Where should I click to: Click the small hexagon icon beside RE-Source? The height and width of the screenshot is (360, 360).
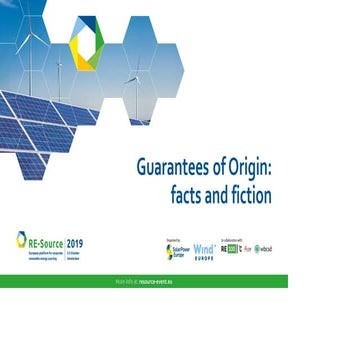click(x=21, y=239)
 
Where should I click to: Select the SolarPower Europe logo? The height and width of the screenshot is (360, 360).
click(x=175, y=250)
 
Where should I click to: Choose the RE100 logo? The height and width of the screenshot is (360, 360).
click(x=232, y=249)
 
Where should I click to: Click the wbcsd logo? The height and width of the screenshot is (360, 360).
click(x=264, y=249)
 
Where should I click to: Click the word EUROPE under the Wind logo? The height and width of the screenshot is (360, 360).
click(x=203, y=256)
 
